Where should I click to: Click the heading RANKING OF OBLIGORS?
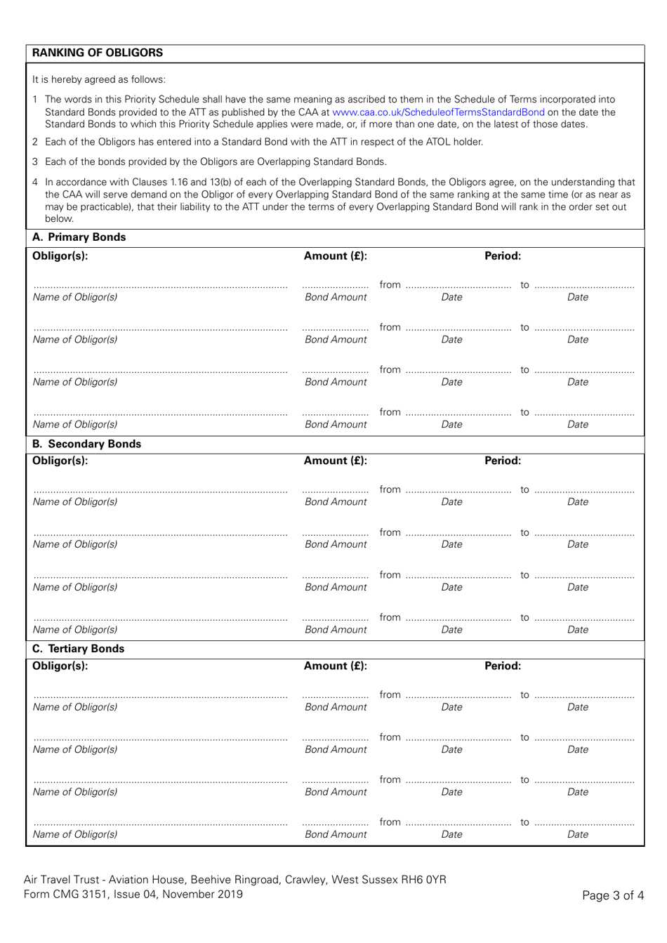[x=98, y=53]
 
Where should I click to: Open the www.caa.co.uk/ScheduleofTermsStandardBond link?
[x=438, y=112]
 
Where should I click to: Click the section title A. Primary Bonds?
[x=79, y=237]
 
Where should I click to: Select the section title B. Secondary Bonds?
[x=87, y=444]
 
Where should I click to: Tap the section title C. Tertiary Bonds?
[x=79, y=649]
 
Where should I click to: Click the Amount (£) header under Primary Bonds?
[x=335, y=256]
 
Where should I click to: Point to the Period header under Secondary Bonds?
[x=503, y=461]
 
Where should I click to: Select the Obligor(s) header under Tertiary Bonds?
[x=60, y=666]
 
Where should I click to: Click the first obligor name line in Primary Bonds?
[x=161, y=285]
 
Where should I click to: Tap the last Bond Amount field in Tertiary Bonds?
[x=335, y=823]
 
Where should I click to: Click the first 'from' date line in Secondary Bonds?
[x=458, y=491]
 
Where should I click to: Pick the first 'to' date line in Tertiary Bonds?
[x=583, y=696]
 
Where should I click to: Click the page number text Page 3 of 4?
[x=612, y=895]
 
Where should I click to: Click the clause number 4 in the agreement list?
[x=35, y=182]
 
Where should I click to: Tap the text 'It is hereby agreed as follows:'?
[x=99, y=79]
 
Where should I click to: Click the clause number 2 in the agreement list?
[x=35, y=142]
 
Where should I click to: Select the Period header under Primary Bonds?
[x=503, y=256]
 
